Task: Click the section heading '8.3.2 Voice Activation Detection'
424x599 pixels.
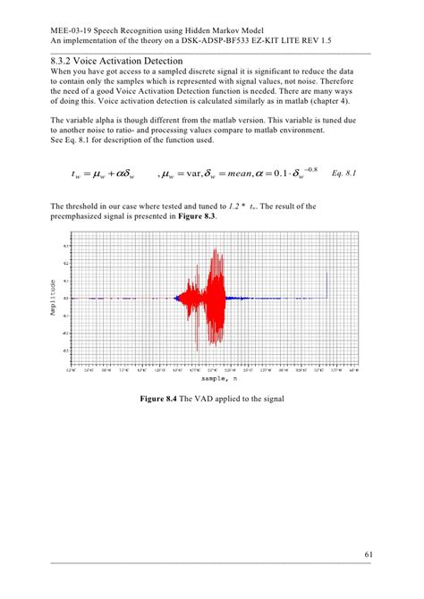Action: (110, 59)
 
